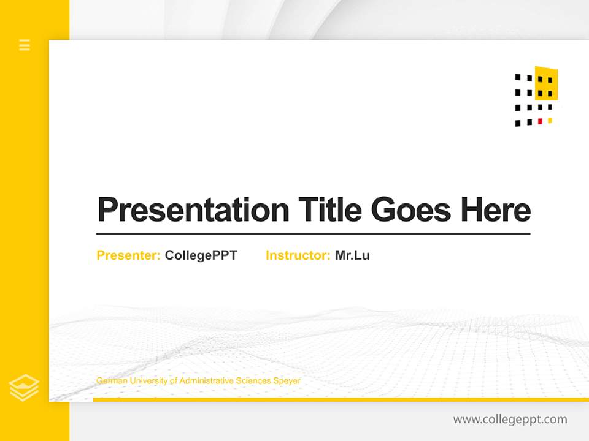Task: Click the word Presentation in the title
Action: coord(193,210)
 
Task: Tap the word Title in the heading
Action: coord(329,210)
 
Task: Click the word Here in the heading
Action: coord(496,210)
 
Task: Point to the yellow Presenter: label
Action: coord(128,255)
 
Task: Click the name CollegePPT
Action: coord(201,255)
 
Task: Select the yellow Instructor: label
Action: coord(298,255)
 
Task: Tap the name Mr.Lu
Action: coord(352,255)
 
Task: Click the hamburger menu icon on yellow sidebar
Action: coord(25,45)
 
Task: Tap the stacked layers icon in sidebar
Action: coord(25,387)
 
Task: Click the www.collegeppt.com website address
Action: coord(510,420)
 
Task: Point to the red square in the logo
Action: coord(540,121)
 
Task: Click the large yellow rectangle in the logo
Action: coord(546,84)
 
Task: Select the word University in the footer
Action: coord(146,381)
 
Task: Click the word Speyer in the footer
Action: coord(287,381)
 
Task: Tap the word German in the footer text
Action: coord(109,381)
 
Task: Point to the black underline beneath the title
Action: coord(313,234)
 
